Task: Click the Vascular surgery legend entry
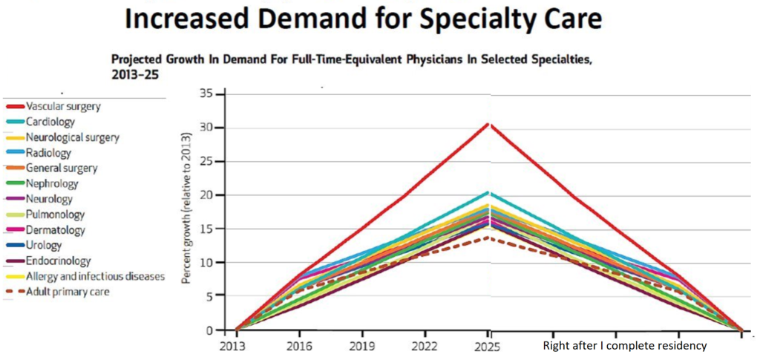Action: (x=63, y=106)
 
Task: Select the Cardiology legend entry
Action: (x=50, y=122)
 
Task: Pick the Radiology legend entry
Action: (x=49, y=153)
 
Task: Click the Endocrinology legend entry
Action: (x=59, y=261)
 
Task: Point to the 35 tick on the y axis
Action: (x=206, y=94)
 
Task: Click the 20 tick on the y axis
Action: (x=206, y=195)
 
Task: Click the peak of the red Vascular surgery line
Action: (x=488, y=123)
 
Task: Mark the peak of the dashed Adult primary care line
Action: (x=488, y=238)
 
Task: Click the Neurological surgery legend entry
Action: (x=72, y=137)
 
